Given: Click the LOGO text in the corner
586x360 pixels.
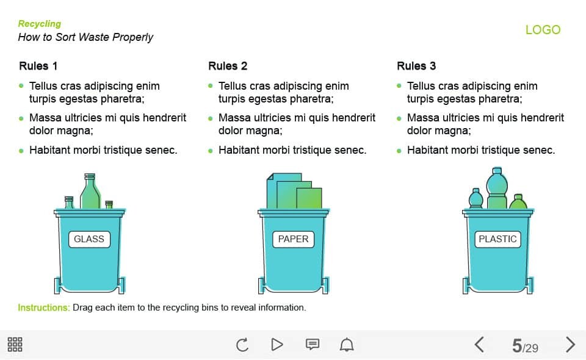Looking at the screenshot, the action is pyautogui.click(x=543, y=29).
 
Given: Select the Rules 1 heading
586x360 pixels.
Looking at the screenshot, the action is pyautogui.click(x=38, y=66).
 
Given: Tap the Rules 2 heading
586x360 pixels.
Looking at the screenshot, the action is pyautogui.click(x=228, y=66).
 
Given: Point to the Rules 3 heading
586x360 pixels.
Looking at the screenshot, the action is pyautogui.click(x=416, y=66).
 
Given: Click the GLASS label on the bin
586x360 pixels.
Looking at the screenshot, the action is pyautogui.click(x=89, y=239).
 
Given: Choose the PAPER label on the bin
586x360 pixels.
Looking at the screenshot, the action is pyautogui.click(x=294, y=239).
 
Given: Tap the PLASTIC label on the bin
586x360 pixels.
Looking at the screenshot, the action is pyautogui.click(x=498, y=239).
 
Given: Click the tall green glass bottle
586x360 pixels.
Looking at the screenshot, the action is pyautogui.click(x=90, y=191).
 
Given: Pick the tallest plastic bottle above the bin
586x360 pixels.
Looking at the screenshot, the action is pyautogui.click(x=497, y=188).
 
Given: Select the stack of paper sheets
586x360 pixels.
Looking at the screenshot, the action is pyautogui.click(x=294, y=191).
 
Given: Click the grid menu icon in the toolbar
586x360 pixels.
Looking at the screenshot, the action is pyautogui.click(x=15, y=344).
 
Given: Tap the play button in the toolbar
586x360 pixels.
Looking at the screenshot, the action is pyautogui.click(x=277, y=344).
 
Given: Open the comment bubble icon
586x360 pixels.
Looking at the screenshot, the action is pyautogui.click(x=313, y=344).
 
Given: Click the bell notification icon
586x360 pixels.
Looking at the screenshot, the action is pyautogui.click(x=347, y=344).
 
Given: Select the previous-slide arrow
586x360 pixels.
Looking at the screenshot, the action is pyautogui.click(x=479, y=344).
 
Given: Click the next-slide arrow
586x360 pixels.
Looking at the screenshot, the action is pyautogui.click(x=570, y=344).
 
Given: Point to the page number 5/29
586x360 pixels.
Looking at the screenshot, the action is pyautogui.click(x=525, y=346).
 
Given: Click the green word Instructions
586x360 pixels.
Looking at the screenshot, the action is pyautogui.click(x=44, y=308).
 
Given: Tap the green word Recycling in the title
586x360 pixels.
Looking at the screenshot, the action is pyautogui.click(x=40, y=24).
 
